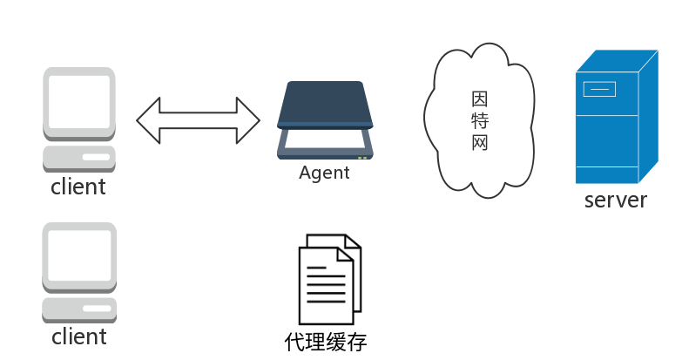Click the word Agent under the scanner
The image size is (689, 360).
point(324,173)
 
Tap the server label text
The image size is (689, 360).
point(616,200)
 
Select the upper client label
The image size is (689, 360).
point(78,187)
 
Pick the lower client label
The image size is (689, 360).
point(79,336)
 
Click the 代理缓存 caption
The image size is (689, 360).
point(326,342)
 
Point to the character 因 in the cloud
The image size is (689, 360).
point(479,98)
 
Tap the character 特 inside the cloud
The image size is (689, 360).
point(479,120)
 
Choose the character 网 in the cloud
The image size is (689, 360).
point(479,142)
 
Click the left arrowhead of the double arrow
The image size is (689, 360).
point(149,120)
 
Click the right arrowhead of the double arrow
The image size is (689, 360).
point(248,120)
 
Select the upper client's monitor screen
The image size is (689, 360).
point(79,101)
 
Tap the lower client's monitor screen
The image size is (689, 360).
point(79,255)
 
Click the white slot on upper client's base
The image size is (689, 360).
point(96,157)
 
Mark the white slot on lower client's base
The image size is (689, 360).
point(97,308)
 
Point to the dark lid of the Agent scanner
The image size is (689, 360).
point(325,104)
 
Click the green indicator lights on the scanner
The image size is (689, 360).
point(362,158)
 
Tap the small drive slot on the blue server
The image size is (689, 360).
point(599,89)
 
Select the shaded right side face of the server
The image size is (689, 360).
point(648,117)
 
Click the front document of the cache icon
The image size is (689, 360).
point(326,286)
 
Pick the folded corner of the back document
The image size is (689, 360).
point(353,242)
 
